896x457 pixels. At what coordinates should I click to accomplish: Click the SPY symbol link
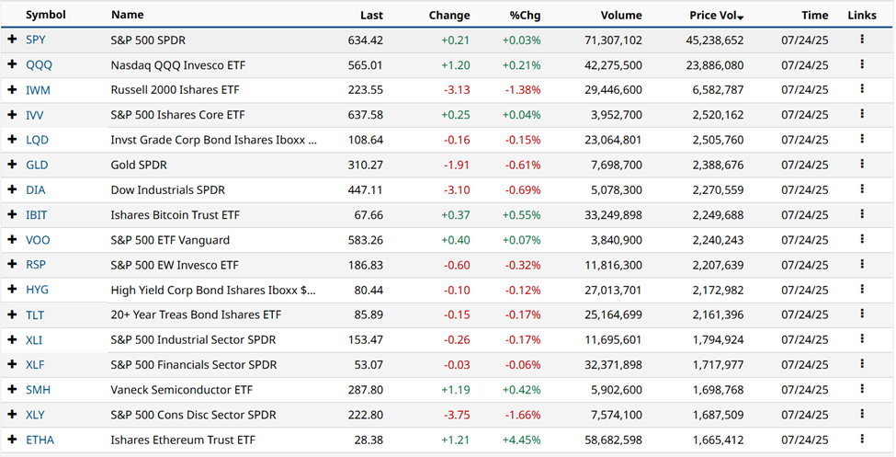click(37, 40)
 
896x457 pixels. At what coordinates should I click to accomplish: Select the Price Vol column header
click(714, 16)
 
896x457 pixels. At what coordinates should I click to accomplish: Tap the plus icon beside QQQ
click(12, 65)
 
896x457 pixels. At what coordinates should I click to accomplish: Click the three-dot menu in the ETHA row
click(862, 440)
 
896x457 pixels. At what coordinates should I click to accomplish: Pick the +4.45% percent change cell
click(521, 440)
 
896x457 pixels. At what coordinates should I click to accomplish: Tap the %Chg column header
click(527, 16)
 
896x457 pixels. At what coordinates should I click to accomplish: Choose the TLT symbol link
click(36, 314)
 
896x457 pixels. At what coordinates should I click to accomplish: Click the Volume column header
click(619, 16)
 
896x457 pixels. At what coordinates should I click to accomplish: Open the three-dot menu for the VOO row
click(862, 240)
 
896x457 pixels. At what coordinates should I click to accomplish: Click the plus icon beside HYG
click(12, 290)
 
